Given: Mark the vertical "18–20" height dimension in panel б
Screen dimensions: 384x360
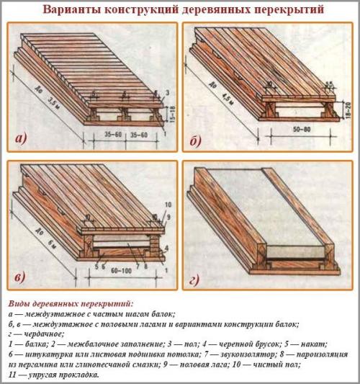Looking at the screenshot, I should (349, 105).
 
